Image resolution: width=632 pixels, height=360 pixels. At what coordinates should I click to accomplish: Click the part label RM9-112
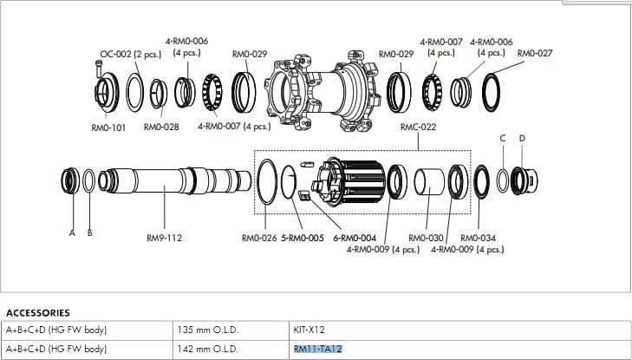(165, 237)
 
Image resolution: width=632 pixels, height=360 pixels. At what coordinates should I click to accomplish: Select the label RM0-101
(109, 127)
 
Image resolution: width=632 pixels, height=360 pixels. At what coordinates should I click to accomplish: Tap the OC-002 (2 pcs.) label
(127, 54)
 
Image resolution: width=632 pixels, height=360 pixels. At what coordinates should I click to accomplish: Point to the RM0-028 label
(161, 127)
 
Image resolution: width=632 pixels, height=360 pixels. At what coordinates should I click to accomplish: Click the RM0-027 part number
(535, 54)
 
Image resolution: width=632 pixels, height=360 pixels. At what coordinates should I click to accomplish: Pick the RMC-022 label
(417, 127)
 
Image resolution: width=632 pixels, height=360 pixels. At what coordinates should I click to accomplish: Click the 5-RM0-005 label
(303, 237)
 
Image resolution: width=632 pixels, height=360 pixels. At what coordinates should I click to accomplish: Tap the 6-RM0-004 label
(355, 237)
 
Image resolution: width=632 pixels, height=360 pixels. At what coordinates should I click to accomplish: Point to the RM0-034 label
(478, 237)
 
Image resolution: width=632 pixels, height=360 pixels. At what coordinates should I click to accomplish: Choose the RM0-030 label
(426, 237)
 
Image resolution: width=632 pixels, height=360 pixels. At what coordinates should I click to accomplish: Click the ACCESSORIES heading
(37, 312)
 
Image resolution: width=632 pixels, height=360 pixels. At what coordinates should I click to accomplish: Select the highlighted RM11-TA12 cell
(319, 349)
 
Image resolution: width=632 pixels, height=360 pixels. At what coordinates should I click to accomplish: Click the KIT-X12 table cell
(310, 330)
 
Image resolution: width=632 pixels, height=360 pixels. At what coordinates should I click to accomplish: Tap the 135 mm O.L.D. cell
(207, 330)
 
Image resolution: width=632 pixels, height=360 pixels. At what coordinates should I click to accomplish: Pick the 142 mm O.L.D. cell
(207, 349)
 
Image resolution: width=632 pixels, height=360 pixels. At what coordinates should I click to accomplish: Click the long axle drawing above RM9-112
(165, 183)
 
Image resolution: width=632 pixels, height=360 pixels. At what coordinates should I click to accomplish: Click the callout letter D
(521, 138)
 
